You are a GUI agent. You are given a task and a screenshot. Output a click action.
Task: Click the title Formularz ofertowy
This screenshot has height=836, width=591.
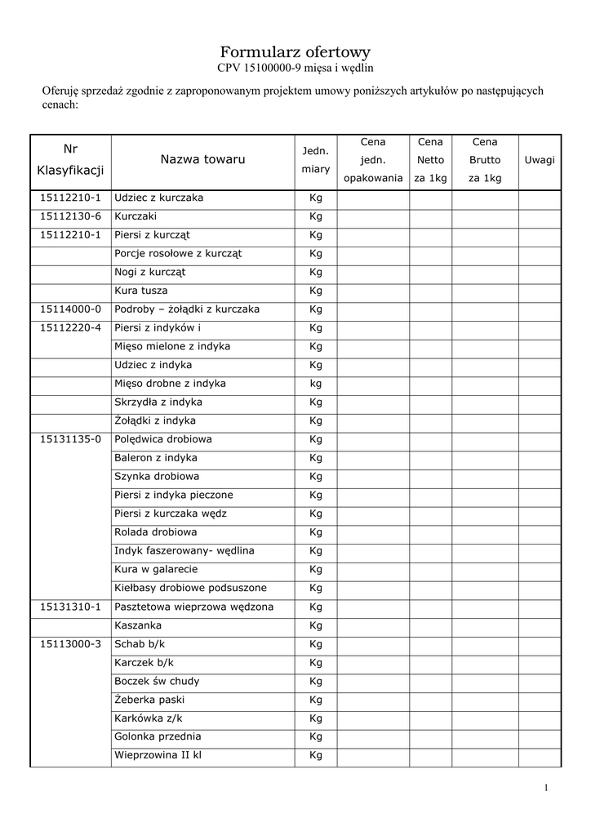(295, 51)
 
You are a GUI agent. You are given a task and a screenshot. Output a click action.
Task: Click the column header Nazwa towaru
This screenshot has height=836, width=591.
(202, 159)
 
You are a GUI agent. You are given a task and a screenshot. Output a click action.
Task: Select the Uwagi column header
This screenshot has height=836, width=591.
(540, 159)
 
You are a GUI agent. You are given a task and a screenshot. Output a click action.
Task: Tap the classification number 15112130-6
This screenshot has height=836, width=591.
(70, 216)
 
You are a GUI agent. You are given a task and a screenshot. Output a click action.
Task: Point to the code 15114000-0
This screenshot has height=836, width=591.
(70, 309)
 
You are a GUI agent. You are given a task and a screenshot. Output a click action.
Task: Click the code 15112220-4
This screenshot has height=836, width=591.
(70, 328)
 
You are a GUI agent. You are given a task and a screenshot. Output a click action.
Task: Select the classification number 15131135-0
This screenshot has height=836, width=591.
(70, 439)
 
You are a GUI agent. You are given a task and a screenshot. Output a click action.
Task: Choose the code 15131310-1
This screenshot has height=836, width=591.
(70, 607)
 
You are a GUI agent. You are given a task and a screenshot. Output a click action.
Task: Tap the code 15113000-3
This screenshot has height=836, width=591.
(70, 644)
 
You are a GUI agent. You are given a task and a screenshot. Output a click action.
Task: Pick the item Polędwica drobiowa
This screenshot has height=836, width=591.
(163, 439)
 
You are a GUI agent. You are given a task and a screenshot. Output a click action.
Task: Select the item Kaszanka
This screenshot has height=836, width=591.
(138, 625)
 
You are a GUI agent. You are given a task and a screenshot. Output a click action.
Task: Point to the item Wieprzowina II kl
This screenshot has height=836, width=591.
(158, 755)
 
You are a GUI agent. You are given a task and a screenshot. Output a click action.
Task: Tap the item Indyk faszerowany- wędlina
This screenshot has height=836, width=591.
(184, 551)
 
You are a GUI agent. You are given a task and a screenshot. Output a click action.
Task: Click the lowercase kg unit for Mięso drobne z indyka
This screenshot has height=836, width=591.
(316, 384)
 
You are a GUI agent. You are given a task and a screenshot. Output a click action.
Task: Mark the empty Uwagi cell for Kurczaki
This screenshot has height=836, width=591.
(540, 216)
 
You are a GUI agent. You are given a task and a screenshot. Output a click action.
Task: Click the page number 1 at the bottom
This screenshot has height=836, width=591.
(545, 787)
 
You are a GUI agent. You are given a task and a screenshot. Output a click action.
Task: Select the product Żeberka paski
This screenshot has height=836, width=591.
(149, 700)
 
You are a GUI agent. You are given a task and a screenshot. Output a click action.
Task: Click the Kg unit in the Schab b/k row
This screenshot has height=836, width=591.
(316, 644)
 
